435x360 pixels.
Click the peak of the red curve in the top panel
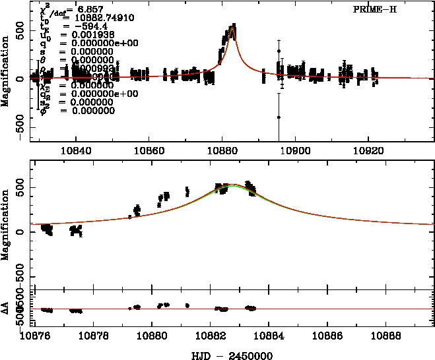232,26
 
